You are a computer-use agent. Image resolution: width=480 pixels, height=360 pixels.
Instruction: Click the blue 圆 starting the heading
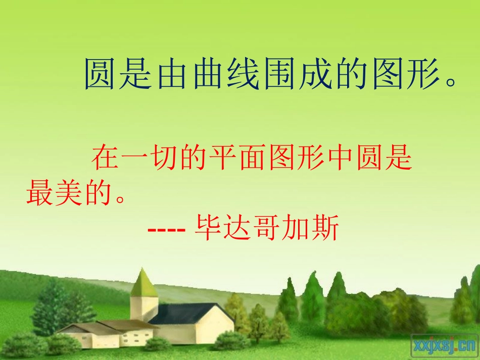[100, 74]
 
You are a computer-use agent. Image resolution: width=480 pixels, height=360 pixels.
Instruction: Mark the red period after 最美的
[119, 199]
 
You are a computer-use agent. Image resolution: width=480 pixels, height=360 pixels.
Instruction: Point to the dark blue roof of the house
[187, 313]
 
